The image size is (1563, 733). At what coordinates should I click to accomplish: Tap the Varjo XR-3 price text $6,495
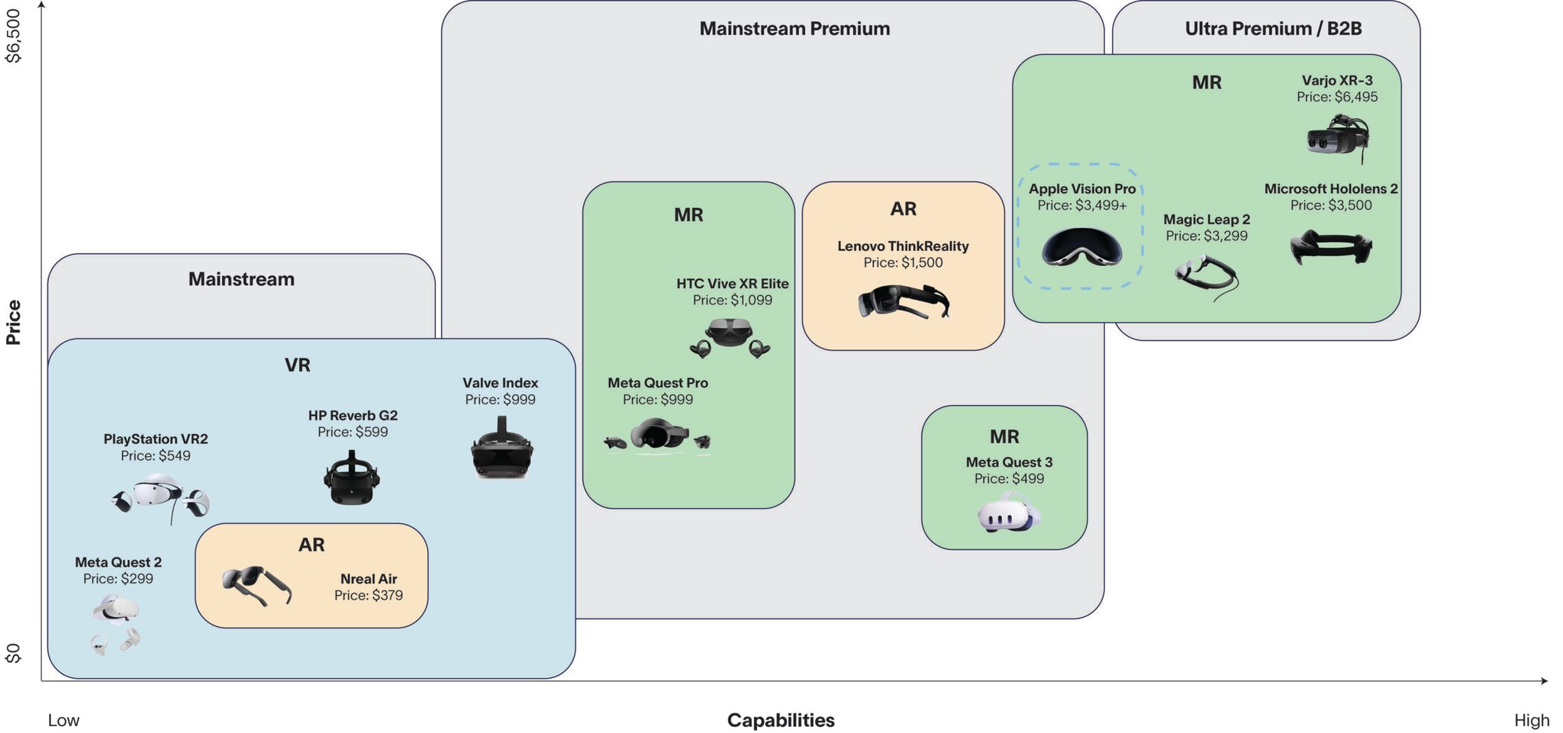point(1336,97)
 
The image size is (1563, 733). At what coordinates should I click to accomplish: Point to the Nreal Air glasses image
point(256,585)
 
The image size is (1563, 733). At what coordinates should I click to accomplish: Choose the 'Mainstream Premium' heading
point(794,29)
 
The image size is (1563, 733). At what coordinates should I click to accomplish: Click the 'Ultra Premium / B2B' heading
point(1273,29)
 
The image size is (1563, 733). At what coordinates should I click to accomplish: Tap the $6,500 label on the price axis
point(14,36)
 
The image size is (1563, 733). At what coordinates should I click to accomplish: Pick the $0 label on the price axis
point(14,653)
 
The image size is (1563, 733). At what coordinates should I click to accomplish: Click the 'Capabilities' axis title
point(780,720)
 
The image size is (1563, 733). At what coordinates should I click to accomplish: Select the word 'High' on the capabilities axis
point(1531,720)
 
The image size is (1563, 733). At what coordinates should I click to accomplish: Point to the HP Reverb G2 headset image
point(352,478)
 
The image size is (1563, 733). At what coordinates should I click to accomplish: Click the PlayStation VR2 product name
point(156,439)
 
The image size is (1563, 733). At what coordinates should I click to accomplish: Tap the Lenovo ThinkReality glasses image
point(904,302)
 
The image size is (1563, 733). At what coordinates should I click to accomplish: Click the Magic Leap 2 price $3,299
point(1206,236)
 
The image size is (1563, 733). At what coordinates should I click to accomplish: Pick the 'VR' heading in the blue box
point(298,365)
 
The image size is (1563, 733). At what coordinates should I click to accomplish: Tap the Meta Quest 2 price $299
point(118,579)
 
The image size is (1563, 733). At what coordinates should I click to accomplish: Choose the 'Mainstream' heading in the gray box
point(241,279)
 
